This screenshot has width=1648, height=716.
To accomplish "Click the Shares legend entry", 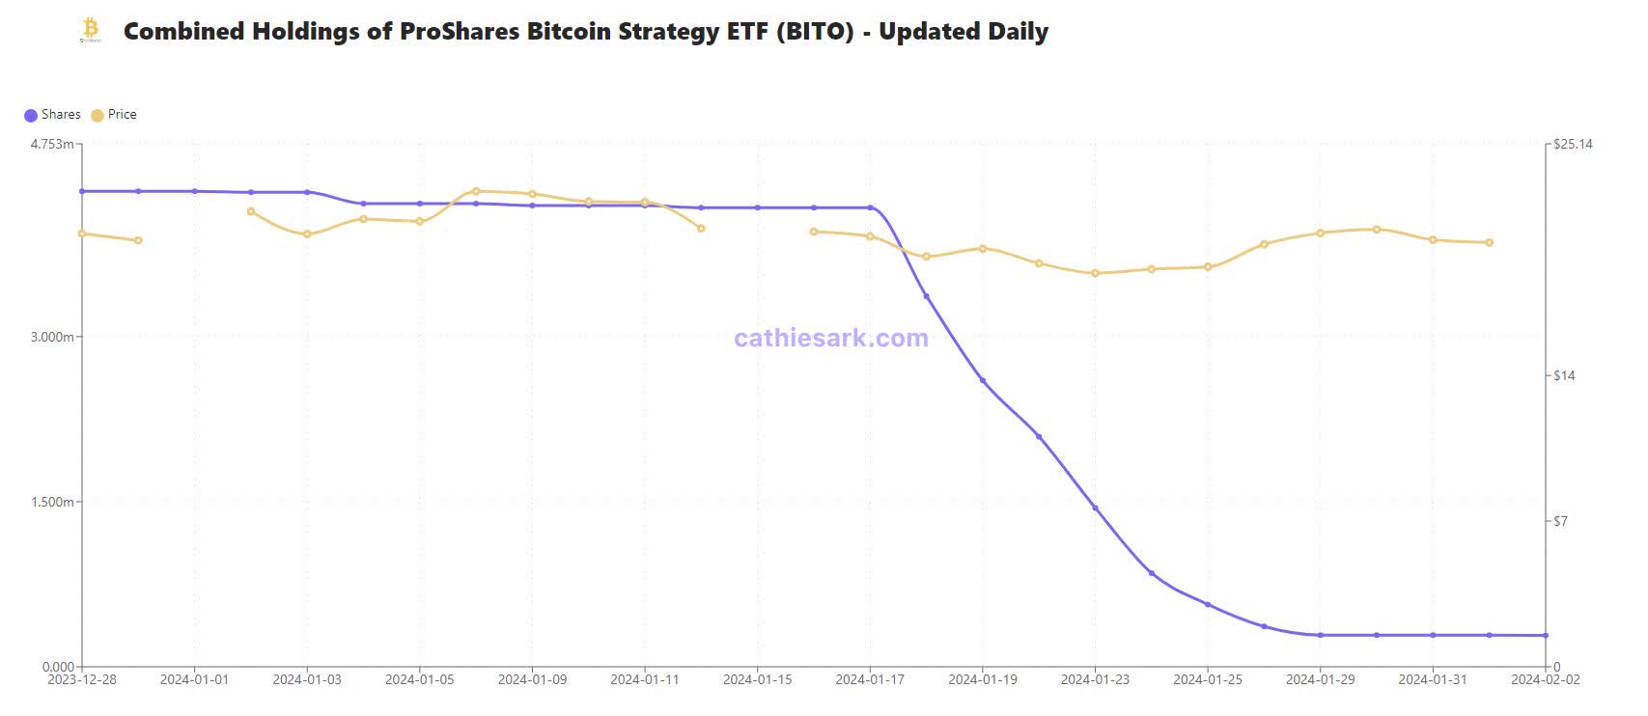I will pos(52,115).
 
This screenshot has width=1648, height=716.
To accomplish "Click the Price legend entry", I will pos(114,115).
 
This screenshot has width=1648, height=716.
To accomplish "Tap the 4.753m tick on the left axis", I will pos(53,145).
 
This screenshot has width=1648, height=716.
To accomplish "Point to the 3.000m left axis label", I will pos(53,337).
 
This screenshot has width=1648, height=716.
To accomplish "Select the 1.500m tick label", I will pos(53,502).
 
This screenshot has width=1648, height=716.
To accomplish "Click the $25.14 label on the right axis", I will pos(1572,145).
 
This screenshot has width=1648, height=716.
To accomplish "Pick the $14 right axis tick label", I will pos(1564,375).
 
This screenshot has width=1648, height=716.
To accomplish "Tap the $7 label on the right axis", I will pos(1560,522).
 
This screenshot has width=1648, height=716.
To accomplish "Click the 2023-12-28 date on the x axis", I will pos(82,680).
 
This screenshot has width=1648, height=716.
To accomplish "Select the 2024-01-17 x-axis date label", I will pos(870,680).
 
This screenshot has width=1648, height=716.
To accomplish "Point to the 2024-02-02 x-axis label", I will pos(1545,680).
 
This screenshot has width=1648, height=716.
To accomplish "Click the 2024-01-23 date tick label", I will pos(1095,680).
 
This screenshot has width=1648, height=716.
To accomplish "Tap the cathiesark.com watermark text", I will pos(831,339).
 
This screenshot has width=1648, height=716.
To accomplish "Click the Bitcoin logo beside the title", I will pos(91,30).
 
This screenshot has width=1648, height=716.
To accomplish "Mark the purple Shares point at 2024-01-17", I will pos(870,207).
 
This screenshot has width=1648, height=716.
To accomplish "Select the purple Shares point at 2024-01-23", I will pos(1095,508).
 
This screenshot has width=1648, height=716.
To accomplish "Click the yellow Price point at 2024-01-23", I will pos(1095,273).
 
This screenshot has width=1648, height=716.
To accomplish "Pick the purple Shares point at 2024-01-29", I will pos(1320,635).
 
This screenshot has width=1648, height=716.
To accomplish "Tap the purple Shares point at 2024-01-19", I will pos(983,380).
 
